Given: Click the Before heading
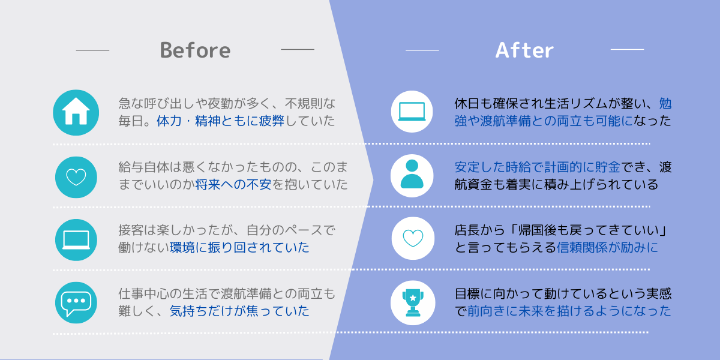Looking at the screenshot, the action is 195,50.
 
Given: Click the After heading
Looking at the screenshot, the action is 524,50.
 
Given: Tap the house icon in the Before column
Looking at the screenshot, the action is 76,111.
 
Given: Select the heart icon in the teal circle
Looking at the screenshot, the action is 76,177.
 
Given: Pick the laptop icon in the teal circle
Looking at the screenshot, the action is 76,240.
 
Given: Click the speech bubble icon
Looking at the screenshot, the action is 76,303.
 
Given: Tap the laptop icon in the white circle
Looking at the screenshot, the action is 412,112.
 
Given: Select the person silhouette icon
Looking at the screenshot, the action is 412,174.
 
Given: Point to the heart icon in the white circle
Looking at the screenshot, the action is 413,238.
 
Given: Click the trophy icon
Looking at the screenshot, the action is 413,303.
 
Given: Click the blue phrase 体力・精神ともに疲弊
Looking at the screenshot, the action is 221,121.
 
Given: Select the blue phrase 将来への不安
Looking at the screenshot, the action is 233,185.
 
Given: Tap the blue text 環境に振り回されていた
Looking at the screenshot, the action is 239,247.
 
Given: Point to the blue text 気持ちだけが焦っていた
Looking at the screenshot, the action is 239,311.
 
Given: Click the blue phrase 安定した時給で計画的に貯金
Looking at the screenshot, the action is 538,167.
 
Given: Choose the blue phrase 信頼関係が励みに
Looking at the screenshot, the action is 607,247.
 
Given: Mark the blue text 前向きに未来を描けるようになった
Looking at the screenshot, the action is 569,311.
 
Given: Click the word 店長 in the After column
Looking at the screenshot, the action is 467,230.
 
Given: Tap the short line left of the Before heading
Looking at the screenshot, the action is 92,50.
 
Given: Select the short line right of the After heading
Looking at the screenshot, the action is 627,49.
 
